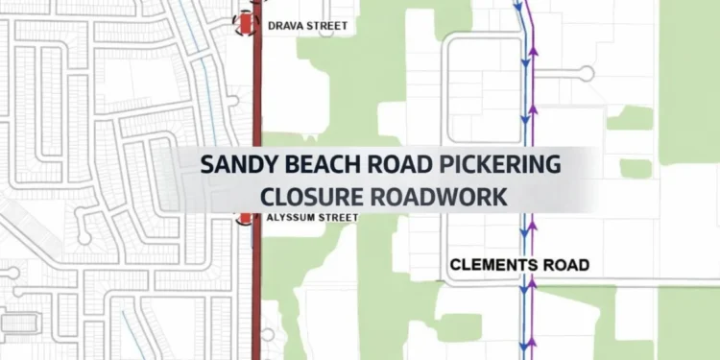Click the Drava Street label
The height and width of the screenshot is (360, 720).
coord(307,25)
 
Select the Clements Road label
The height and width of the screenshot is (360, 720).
coord(519,264)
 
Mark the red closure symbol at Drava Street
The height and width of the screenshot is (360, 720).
coord(248,21)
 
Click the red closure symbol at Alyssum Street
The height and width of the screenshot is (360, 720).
coord(247,218)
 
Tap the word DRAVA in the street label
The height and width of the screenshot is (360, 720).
coord(285,25)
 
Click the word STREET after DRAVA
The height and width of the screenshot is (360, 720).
coord(327,25)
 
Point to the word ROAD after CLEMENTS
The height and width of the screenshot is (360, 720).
coord(565,264)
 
